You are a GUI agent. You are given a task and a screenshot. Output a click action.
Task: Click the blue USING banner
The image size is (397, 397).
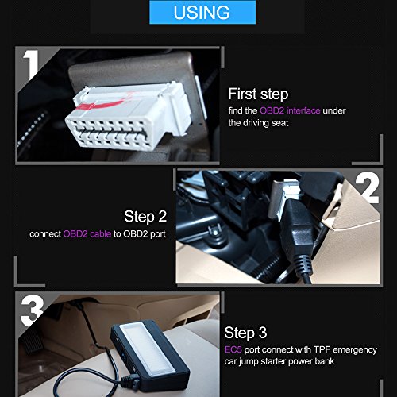(202, 12)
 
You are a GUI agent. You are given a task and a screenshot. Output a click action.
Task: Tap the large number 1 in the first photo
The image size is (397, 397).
(32, 64)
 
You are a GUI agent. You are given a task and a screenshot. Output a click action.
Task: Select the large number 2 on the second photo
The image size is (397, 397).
(367, 189)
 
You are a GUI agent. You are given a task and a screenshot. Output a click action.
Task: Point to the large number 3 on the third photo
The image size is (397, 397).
(33, 310)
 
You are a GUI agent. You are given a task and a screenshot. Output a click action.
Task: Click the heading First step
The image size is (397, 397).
(258, 94)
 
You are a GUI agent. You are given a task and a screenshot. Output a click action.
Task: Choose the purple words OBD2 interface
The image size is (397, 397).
(290, 110)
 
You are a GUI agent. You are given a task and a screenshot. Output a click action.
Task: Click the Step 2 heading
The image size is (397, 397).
(145, 217)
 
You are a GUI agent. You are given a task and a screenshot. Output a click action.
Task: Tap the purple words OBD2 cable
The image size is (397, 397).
(87, 234)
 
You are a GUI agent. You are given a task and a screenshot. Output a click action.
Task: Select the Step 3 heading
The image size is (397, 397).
(245, 333)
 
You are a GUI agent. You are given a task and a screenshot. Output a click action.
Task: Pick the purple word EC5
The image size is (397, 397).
(233, 349)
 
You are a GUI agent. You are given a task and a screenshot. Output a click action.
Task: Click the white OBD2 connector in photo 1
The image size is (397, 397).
(129, 116)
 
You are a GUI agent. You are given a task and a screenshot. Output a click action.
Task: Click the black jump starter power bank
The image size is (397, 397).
(150, 355)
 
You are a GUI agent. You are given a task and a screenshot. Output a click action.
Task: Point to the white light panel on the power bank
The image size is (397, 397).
(148, 347)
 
